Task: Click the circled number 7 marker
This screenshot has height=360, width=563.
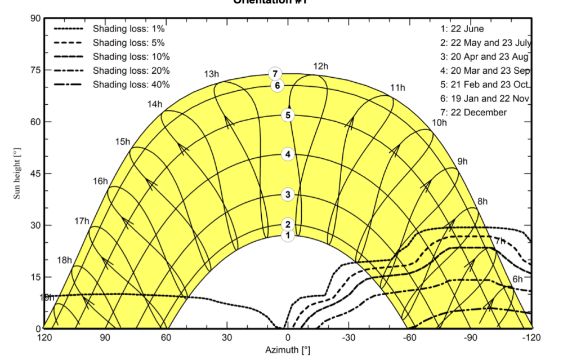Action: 275,74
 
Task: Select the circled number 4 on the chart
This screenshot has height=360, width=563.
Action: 288,154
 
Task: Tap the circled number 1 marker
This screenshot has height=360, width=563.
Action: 288,235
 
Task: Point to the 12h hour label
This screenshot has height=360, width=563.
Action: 320,66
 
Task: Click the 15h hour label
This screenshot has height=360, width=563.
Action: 123,141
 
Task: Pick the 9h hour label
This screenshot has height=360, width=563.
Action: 462,161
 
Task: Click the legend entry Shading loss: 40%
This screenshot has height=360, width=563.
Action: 131,85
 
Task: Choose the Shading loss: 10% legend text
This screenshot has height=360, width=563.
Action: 131,56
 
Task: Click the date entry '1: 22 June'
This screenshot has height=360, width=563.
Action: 462,28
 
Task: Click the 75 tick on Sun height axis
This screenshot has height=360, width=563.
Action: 35,70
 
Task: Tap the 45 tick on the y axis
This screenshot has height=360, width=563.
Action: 35,174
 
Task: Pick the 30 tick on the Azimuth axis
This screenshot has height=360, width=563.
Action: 227,337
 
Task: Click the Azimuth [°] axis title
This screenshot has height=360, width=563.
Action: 288,350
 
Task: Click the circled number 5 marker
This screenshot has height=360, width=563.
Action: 288,115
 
